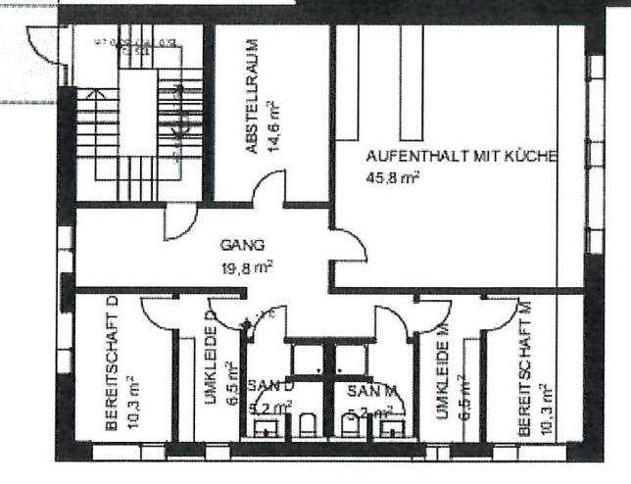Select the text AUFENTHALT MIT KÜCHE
click(461, 157)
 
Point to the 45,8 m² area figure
click(393, 177)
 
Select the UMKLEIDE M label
click(443, 371)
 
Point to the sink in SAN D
click(265, 426)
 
